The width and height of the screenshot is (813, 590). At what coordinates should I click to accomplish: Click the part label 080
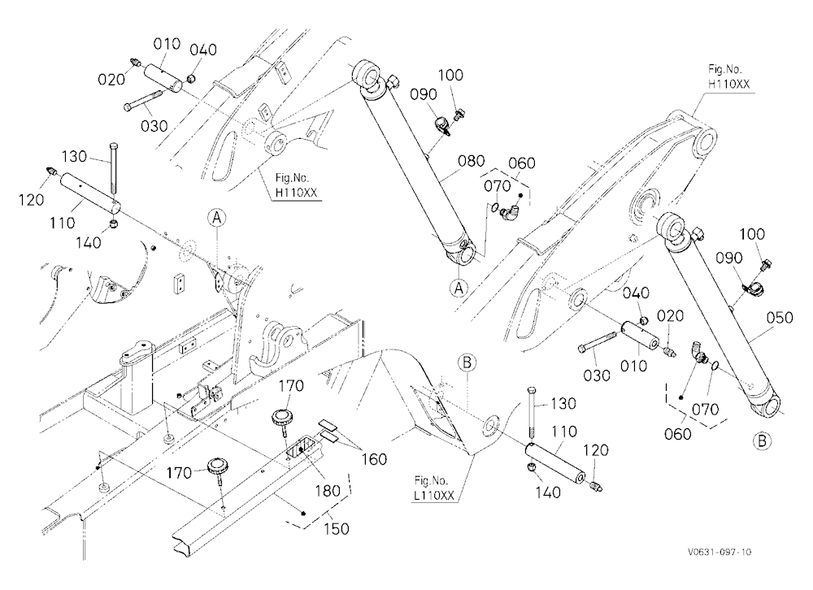[471, 161]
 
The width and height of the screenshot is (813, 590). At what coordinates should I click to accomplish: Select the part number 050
[780, 317]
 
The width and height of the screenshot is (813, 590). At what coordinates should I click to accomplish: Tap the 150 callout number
[336, 529]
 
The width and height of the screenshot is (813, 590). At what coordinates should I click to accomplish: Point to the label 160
[374, 459]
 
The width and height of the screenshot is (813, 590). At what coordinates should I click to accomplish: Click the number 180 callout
[328, 491]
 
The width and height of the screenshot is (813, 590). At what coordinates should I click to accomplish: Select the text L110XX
[434, 496]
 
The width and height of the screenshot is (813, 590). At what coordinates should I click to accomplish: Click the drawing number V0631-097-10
[720, 552]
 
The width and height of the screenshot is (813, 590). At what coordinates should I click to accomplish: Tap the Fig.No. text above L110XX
[432, 480]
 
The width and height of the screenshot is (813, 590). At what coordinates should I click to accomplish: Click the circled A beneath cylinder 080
[459, 287]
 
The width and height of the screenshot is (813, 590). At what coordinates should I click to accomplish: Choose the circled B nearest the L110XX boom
[467, 362]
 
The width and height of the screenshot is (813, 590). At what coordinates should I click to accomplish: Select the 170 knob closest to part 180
[281, 418]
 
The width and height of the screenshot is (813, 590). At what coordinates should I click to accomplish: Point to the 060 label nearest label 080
[522, 163]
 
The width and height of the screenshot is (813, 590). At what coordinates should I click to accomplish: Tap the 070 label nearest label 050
[705, 409]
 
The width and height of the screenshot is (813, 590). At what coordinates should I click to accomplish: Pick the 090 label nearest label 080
[424, 94]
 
